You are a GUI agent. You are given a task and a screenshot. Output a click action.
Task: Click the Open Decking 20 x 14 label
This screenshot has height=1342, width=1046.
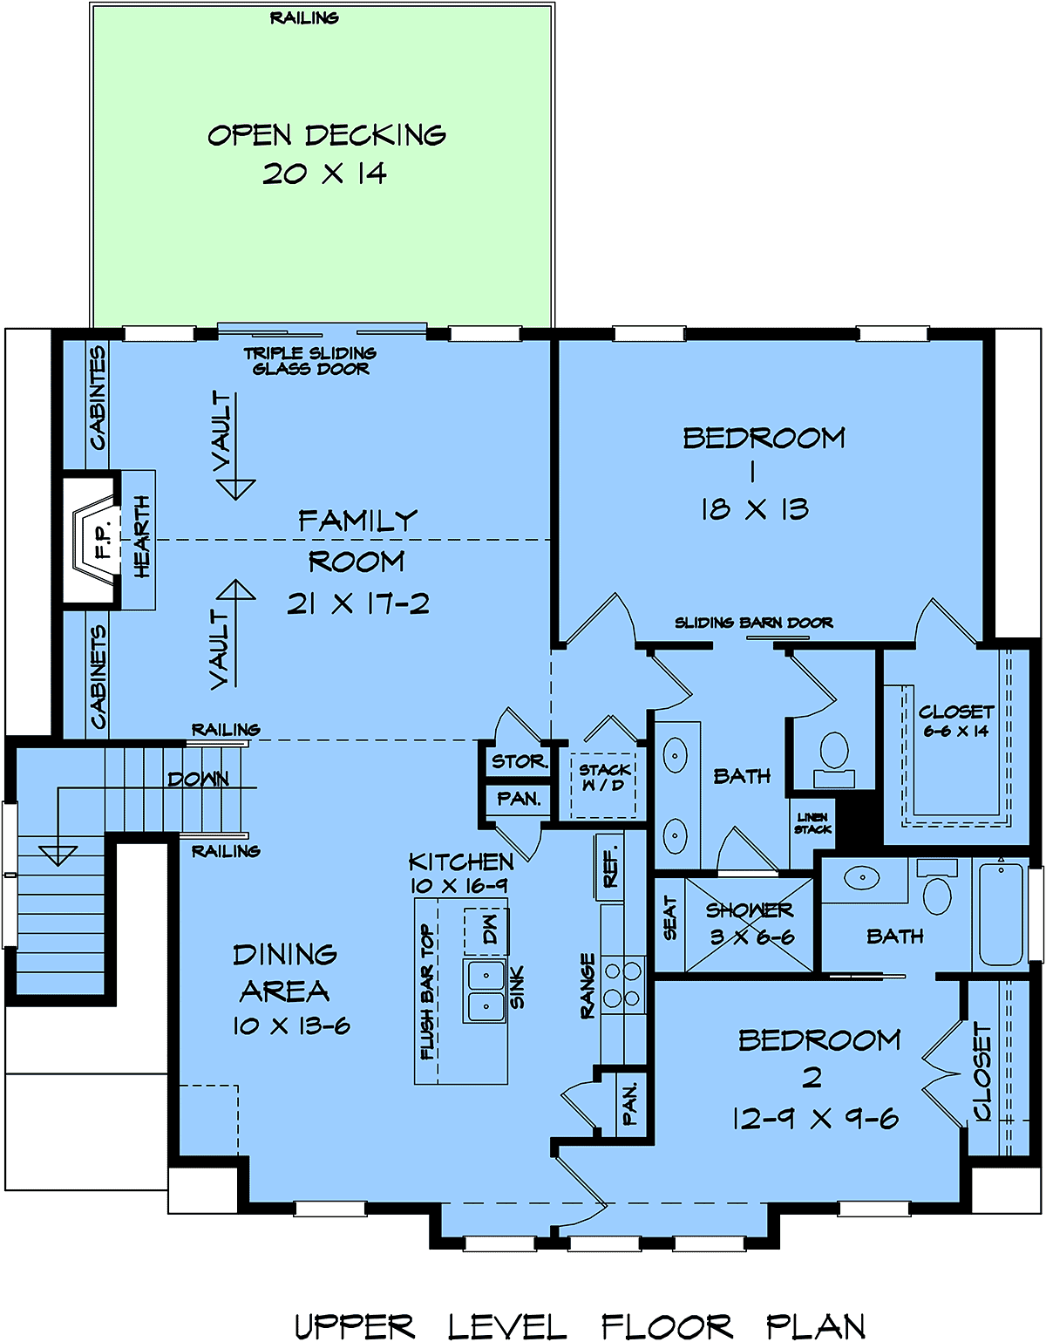327,153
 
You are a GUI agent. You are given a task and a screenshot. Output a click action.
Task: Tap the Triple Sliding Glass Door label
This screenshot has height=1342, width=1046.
309,361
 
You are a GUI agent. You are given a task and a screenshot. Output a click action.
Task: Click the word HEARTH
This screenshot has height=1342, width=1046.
142,536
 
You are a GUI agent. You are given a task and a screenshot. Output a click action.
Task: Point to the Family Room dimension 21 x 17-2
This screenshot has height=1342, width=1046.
358,603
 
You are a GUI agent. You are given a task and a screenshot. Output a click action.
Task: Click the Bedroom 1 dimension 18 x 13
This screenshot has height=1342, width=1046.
754,509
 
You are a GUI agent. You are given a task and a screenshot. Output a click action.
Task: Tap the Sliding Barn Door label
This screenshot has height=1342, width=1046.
753,623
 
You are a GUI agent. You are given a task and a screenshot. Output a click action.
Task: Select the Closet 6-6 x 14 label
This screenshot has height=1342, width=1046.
956,721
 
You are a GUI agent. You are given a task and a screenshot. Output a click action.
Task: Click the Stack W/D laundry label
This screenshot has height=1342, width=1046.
605,778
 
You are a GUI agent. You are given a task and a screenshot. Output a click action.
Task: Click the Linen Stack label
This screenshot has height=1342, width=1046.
812,823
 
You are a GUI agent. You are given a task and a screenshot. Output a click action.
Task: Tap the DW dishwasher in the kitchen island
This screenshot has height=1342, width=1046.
486,930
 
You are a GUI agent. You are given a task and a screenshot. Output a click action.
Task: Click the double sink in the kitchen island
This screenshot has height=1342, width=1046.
486,991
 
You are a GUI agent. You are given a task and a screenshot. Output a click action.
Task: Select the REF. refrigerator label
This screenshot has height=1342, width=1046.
610,869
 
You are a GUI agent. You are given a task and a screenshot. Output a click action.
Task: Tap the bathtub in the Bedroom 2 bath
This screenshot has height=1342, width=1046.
1001,914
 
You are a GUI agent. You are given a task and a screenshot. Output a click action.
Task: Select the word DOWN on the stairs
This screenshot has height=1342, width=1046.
198,779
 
